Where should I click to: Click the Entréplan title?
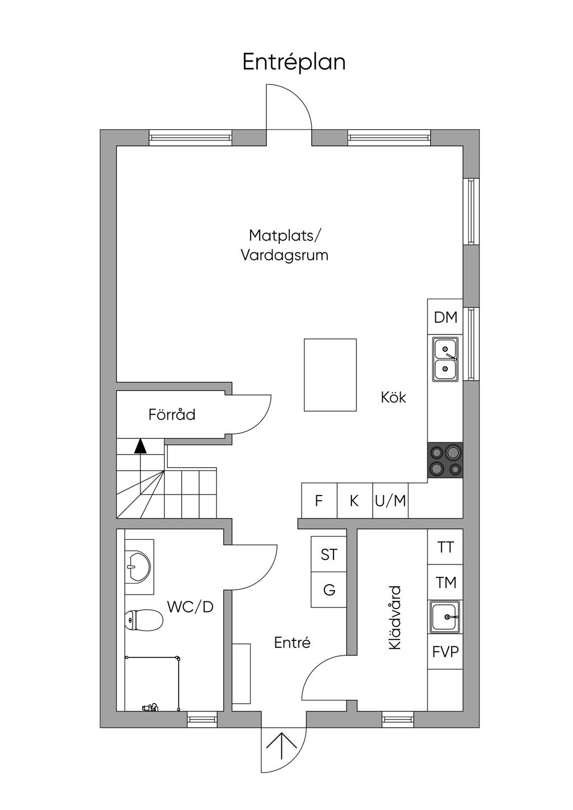pyautogui.click(x=294, y=62)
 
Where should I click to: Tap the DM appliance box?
pyautogui.click(x=445, y=317)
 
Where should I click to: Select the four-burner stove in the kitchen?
pyautogui.click(x=445, y=460)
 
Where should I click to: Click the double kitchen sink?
pyautogui.click(x=445, y=359)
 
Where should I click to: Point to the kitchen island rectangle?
pyautogui.click(x=330, y=375)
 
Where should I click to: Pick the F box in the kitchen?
pyautogui.click(x=319, y=501)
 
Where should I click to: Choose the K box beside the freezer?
pyautogui.click(x=355, y=501)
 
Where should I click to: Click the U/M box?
pyautogui.click(x=391, y=501)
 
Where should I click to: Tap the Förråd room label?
pyautogui.click(x=172, y=415)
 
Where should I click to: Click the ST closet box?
pyautogui.click(x=329, y=554)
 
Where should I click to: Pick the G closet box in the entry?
pyautogui.click(x=329, y=590)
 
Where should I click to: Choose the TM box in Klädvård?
pyautogui.click(x=445, y=582)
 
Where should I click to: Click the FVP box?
pyautogui.click(x=445, y=652)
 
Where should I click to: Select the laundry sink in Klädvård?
pyautogui.click(x=445, y=617)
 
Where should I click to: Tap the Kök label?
pyautogui.click(x=393, y=397)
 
